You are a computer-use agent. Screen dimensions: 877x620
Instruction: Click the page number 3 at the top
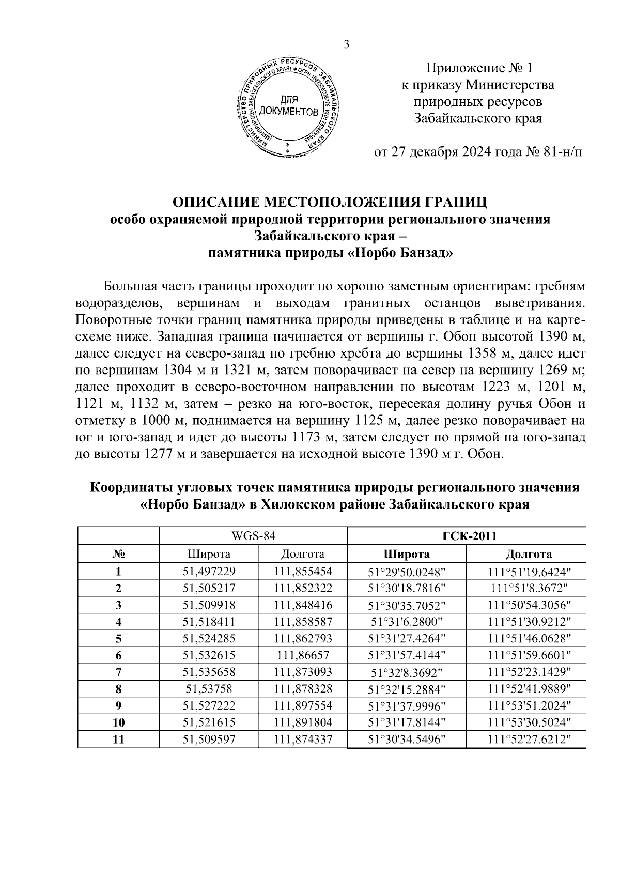347,44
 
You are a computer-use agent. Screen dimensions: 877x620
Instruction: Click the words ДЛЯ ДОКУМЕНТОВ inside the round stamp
289,105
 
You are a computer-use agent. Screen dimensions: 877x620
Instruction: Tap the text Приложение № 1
478,68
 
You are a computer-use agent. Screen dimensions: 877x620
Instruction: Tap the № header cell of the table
119,554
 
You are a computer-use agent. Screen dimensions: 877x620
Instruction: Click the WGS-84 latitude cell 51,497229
209,571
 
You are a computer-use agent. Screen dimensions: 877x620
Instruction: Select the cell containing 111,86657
303,655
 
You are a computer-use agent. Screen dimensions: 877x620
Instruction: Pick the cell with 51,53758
209,689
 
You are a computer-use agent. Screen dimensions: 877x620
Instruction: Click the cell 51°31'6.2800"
407,622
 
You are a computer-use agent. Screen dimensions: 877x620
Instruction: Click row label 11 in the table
119,739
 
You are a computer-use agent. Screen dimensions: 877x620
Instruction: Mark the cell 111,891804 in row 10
303,722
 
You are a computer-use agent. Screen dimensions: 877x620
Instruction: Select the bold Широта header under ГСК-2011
407,554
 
